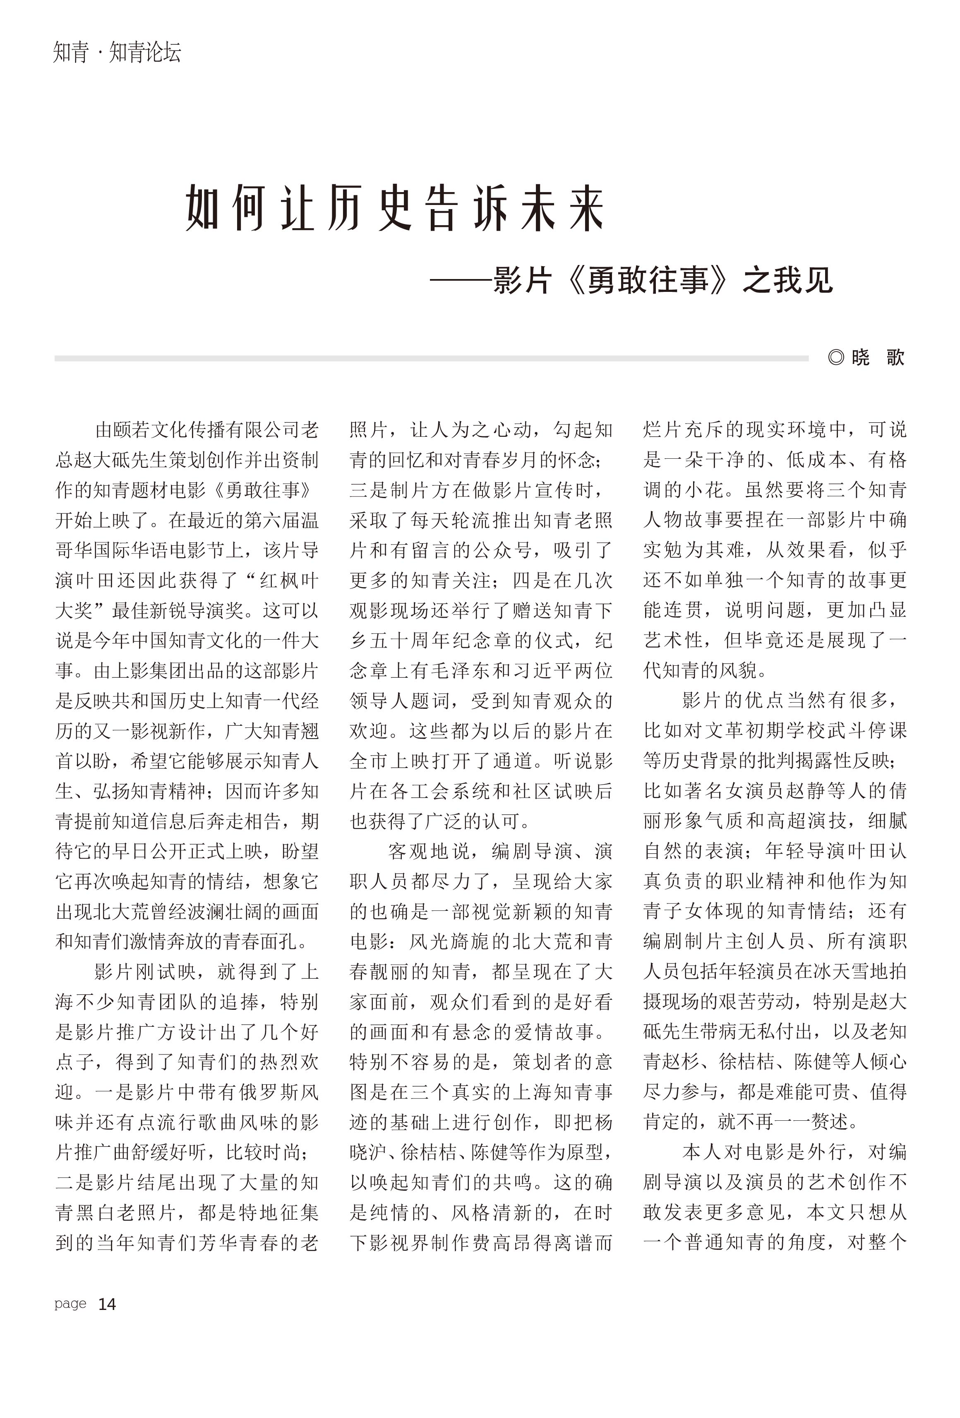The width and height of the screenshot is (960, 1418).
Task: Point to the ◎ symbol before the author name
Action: point(835,357)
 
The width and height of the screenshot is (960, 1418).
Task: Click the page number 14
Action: point(107,1304)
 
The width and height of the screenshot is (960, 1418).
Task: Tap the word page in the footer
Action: point(70,1304)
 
